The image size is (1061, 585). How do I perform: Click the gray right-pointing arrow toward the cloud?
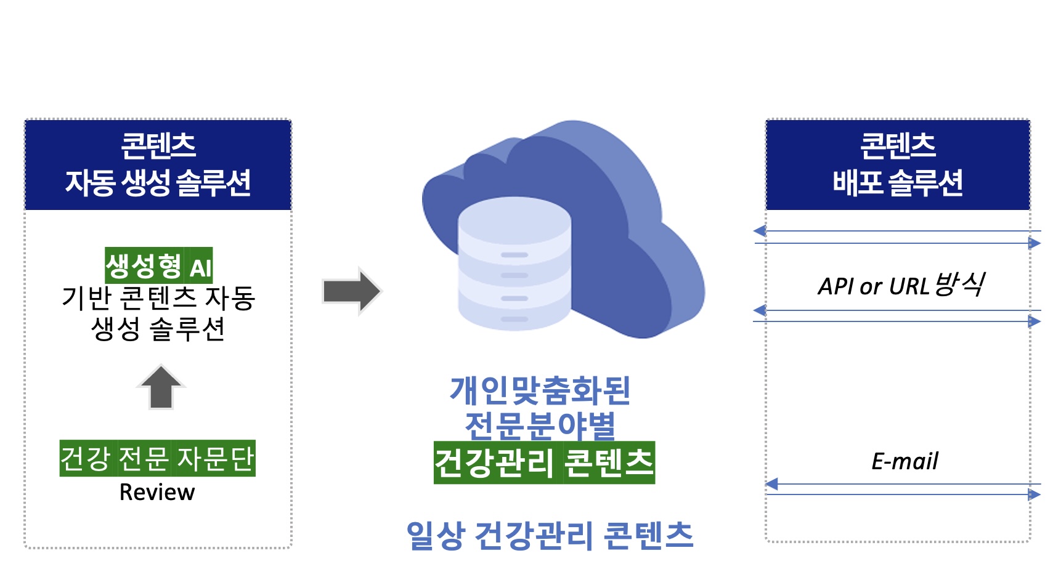coord(352,291)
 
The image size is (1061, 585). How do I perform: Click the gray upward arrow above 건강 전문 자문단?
coord(161,387)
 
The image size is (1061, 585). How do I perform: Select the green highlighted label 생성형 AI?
coord(159,265)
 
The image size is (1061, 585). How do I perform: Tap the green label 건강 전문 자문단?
coord(157,458)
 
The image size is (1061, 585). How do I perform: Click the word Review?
coord(157,492)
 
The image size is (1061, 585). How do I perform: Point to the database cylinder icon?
coord(514,264)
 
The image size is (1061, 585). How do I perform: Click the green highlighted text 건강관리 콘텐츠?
coord(544,462)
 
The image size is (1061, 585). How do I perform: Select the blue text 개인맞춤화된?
coord(540,390)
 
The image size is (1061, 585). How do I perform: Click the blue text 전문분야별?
coord(540,426)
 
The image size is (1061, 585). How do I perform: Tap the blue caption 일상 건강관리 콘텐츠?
coord(550,535)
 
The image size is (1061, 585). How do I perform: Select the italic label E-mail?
coord(904,461)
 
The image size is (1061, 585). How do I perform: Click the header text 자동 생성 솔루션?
coord(158,182)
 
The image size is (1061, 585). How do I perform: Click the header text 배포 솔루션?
coord(898,182)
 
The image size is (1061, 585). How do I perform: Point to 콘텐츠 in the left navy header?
coord(158,145)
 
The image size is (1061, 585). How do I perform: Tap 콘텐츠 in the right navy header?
coord(898,145)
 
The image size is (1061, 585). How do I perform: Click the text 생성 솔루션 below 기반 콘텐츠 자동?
coord(158,328)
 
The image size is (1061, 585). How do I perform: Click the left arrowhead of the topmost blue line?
coord(760,231)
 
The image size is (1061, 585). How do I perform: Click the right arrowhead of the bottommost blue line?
coord(1035,494)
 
